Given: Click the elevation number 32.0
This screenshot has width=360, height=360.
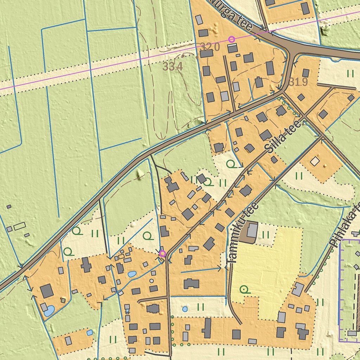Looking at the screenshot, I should click(x=210, y=46).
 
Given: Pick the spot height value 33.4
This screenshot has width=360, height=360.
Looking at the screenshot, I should click(x=173, y=66).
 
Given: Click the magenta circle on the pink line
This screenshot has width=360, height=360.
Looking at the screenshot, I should click(x=231, y=39).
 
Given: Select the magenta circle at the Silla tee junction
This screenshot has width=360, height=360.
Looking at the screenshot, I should click(x=162, y=253).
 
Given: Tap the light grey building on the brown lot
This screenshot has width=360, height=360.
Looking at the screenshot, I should click(x=252, y=230).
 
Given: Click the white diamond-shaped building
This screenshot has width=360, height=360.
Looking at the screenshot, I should click(x=315, y=161).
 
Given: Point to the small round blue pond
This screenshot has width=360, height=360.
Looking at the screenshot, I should click(x=185, y=309).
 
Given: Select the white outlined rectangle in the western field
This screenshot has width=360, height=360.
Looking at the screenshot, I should click(x=20, y=226).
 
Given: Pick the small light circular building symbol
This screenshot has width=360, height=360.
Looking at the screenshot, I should click(x=152, y=281).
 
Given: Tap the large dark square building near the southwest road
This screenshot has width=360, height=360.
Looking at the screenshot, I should click(x=46, y=291).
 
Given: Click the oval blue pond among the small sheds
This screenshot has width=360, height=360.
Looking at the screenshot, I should click(x=132, y=274).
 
